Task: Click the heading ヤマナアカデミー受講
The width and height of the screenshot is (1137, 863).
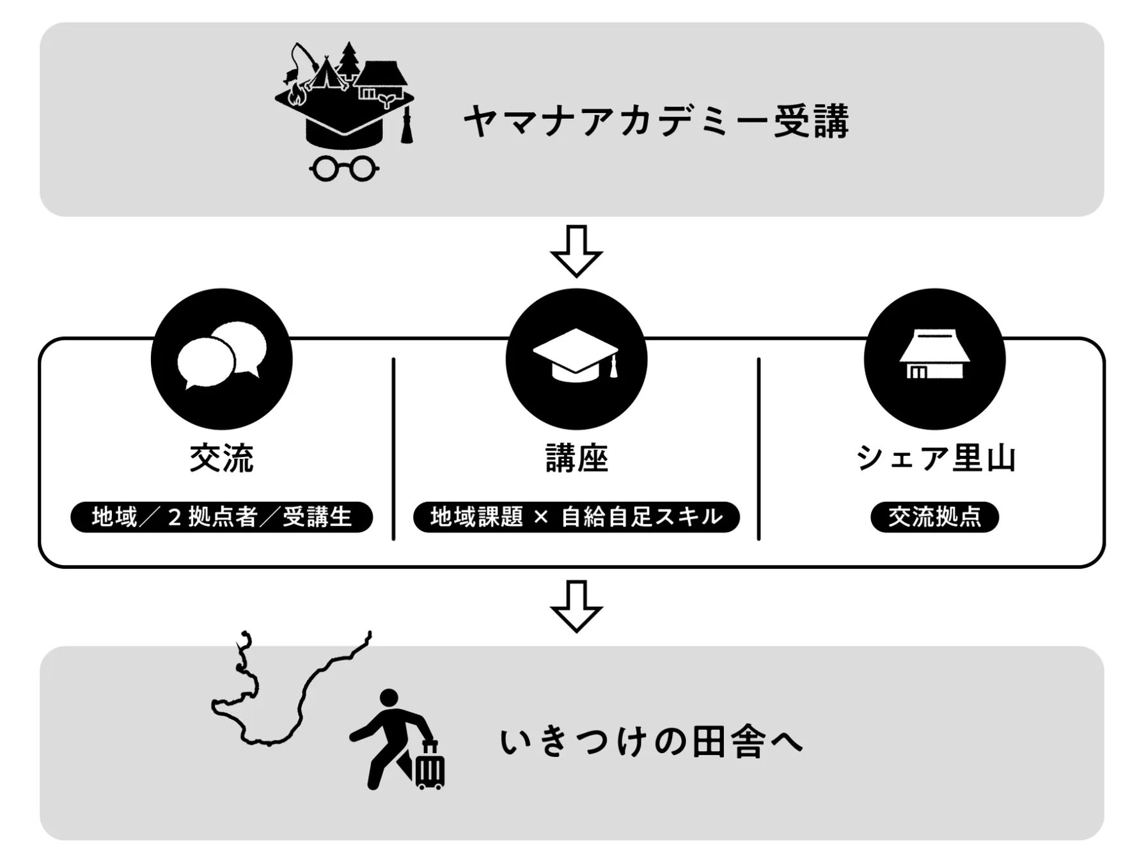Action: [x=656, y=121]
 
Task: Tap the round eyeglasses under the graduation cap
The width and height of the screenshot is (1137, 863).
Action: [x=344, y=168]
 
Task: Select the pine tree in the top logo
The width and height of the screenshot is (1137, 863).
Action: [x=349, y=59]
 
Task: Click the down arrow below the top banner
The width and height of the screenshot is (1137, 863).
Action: [x=576, y=251]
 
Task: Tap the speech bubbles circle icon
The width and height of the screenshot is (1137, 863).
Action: [x=221, y=359]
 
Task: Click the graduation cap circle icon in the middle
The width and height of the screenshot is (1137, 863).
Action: [x=576, y=359]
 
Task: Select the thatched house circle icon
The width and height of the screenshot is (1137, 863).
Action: [x=934, y=359]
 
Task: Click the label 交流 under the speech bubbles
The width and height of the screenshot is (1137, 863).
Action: [x=221, y=458]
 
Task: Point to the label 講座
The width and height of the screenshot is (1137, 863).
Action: [x=576, y=458]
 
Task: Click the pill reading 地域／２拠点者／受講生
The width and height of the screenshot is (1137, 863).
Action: [x=221, y=517]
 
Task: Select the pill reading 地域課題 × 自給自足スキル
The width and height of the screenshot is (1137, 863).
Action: [x=576, y=517]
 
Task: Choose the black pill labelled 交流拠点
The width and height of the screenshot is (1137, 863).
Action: [x=934, y=517]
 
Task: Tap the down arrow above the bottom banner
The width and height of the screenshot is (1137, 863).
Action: [x=576, y=605]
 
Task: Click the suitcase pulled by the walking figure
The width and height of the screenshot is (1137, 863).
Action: [x=429, y=767]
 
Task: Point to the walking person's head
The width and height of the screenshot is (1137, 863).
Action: [x=389, y=698]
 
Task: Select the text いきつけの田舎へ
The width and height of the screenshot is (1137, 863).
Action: [x=651, y=743]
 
